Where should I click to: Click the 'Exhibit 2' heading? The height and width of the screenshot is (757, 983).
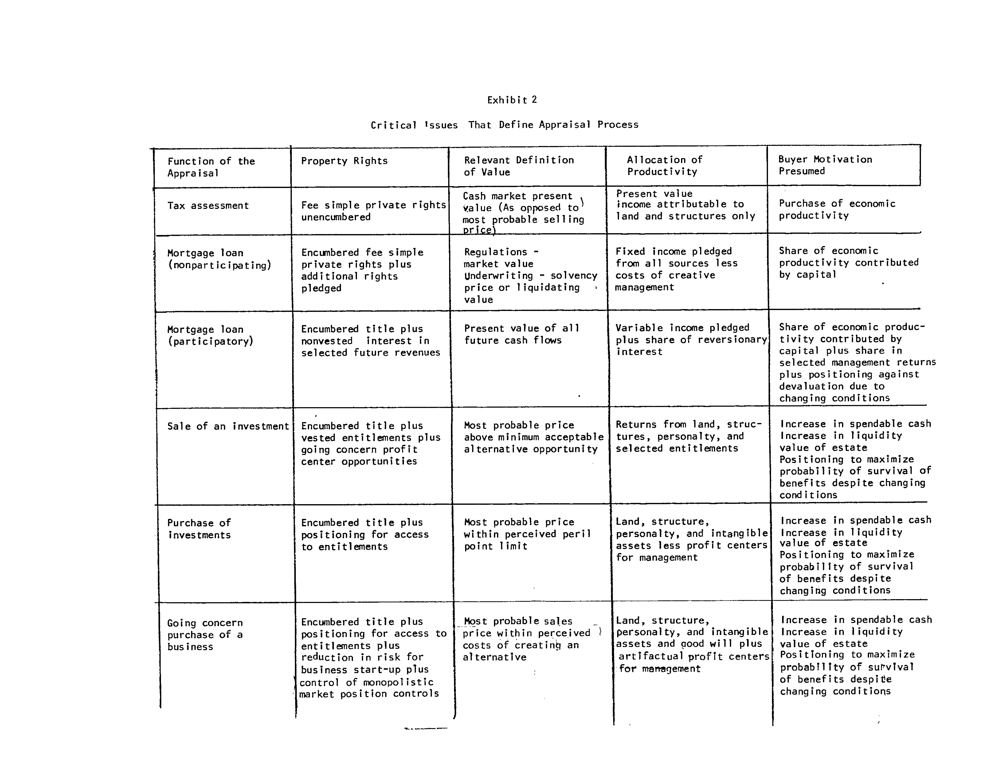click(x=512, y=100)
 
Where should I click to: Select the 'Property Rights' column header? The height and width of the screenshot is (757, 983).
click(x=344, y=161)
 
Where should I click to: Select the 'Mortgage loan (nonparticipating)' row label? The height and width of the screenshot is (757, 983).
click(x=219, y=259)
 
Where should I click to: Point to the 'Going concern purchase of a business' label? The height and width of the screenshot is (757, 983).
click(x=205, y=634)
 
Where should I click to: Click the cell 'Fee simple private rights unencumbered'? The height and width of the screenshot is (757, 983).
click(x=373, y=211)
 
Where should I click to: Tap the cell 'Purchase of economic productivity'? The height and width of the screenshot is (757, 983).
click(x=837, y=209)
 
